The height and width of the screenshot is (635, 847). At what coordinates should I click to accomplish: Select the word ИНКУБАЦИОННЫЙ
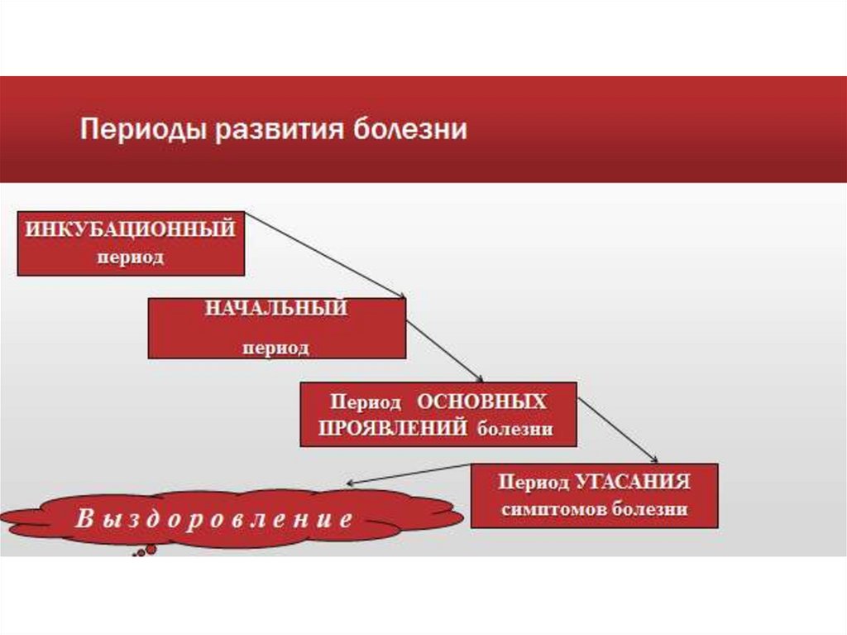(131, 229)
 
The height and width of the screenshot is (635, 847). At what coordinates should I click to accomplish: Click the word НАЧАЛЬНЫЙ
(275, 309)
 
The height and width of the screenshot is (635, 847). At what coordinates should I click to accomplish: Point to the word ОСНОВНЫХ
(481, 402)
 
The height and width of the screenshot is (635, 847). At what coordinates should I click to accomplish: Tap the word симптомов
(554, 509)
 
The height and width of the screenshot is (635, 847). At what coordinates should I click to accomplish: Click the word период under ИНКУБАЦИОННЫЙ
(131, 257)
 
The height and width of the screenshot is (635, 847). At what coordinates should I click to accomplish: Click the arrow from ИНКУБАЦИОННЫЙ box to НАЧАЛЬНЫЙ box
(325, 255)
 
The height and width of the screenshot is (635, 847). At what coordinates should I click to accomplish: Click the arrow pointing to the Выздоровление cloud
(409, 474)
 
